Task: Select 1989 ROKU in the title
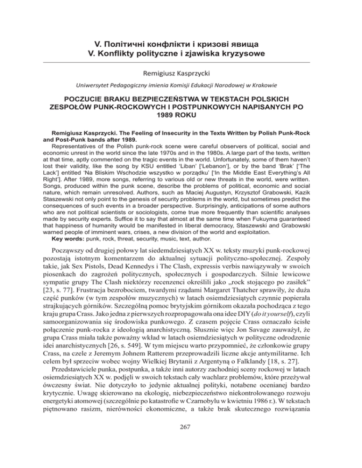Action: pos(181,117)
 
